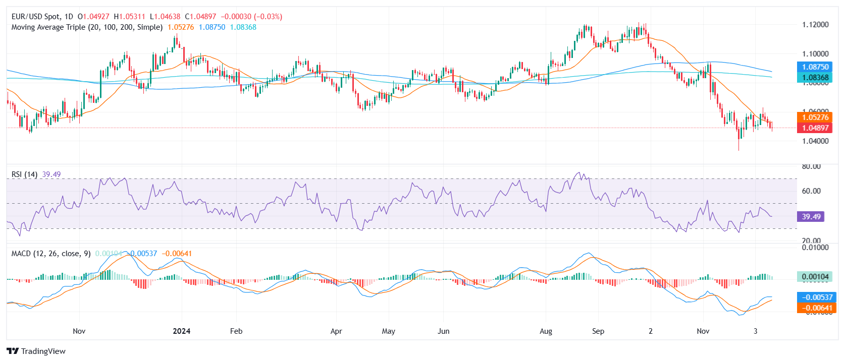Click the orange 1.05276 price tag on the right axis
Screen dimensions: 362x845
coord(815,117)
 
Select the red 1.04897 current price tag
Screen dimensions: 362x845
coord(815,128)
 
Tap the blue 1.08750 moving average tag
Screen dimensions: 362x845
coord(815,67)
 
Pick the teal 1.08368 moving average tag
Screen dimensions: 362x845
coord(815,78)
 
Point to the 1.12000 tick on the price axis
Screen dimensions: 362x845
coord(815,25)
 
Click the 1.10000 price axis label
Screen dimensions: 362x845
coord(815,53)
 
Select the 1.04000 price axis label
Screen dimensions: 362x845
coord(815,141)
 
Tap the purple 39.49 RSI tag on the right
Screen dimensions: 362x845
coord(811,217)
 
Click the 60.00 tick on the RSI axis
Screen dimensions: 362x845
coord(811,191)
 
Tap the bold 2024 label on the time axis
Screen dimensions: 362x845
coord(181,331)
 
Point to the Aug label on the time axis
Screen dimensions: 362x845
coord(546,331)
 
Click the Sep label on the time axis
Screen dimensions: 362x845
coord(598,331)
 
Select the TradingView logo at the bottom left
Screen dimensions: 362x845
coord(36,351)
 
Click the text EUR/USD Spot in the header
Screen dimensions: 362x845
coord(35,17)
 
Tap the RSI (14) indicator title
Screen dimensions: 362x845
coord(24,174)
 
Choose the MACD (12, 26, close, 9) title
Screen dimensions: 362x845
coord(51,254)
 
